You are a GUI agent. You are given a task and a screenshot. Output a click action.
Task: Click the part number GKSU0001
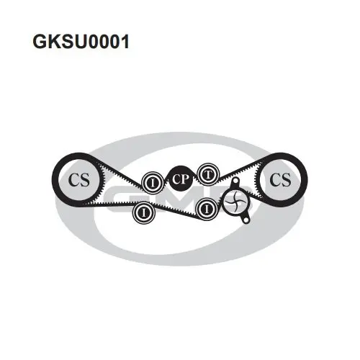click(x=81, y=42)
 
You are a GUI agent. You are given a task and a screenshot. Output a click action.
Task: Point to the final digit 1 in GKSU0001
click(x=125, y=42)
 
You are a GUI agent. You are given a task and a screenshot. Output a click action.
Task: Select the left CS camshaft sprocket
click(x=78, y=180)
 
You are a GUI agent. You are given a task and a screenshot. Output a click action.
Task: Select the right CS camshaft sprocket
click(x=280, y=179)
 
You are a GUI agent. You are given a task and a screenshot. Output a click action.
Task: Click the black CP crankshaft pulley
click(x=181, y=179)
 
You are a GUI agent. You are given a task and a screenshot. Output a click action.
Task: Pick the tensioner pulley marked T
click(x=208, y=174)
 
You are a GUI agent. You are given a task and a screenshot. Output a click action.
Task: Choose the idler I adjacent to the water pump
click(x=207, y=210)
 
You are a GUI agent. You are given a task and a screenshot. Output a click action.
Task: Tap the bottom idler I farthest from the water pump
click(x=143, y=212)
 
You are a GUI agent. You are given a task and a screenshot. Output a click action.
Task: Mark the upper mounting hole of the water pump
click(x=235, y=181)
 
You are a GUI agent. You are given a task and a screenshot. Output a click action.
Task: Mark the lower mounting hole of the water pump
click(x=246, y=220)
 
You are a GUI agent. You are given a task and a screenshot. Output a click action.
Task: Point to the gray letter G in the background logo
click(x=120, y=199)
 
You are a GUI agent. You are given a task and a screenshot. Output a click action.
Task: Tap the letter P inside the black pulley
click(x=185, y=179)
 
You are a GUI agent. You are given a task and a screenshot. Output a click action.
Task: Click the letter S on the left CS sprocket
click(x=85, y=180)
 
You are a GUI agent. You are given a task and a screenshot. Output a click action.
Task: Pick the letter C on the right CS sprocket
click(x=275, y=179)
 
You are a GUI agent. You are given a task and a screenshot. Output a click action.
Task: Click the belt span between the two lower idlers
click(x=176, y=210)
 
